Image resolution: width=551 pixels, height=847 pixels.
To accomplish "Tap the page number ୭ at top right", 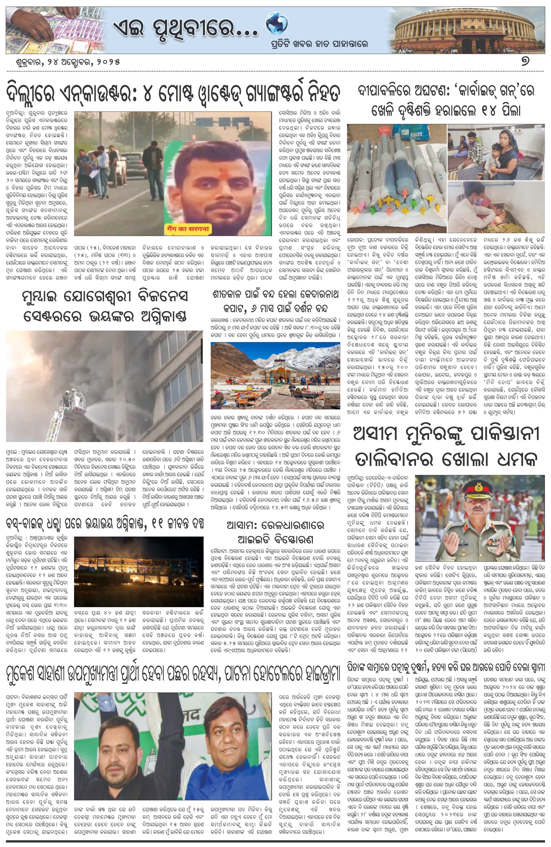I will (x=525, y=61).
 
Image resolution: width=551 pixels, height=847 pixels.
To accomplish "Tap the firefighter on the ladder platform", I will (x=68, y=398).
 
